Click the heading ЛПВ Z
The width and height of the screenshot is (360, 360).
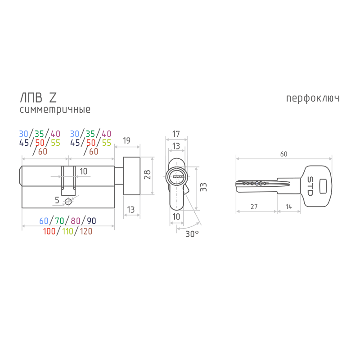click(38, 98)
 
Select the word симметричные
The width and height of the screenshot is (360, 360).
click(55, 109)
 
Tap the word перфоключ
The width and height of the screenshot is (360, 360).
click(313, 99)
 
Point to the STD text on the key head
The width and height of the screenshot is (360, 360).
click(310, 186)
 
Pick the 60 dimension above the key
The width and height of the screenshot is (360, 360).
click(284, 154)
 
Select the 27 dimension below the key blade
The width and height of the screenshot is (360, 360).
click(254, 207)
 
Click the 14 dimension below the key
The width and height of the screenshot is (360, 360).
click(289, 207)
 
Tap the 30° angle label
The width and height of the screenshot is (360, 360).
click(192, 234)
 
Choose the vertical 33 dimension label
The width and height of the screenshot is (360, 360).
click(203, 187)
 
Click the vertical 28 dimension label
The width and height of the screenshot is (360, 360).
click(147, 175)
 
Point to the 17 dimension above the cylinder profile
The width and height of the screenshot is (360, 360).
click(176, 134)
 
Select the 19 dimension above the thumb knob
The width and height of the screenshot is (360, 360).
click(126, 140)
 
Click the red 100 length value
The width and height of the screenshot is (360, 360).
click(49, 231)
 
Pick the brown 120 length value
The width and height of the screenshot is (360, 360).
click(86, 231)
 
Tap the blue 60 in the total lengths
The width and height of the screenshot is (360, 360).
click(44, 221)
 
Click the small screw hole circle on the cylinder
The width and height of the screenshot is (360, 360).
click(68, 202)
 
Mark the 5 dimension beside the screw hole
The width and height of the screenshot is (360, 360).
click(57, 200)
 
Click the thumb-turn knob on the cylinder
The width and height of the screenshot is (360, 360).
click(131, 176)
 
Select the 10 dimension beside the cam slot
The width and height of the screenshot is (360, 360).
click(83, 171)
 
